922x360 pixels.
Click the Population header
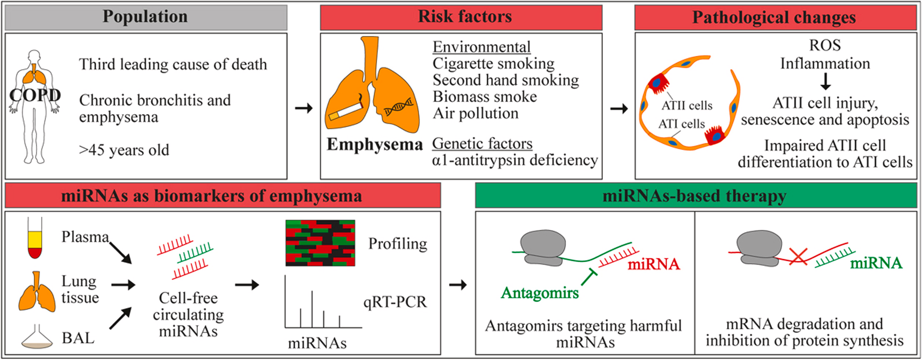pos(145,17)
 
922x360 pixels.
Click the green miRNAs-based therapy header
pos(695,195)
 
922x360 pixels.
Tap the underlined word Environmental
pos(482,47)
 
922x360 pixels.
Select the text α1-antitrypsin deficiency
pos(515,160)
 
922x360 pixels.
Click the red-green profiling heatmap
pos(320,243)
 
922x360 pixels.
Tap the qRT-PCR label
pos(395,302)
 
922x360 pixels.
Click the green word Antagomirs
pos(540,293)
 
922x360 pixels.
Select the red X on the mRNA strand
pos(798,256)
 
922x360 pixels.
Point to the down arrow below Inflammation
pos(825,81)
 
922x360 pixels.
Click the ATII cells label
pos(687,106)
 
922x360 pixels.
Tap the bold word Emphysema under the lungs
pos(375,145)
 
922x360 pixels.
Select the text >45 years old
pos(124,150)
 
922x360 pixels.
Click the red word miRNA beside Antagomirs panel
pos(654,264)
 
